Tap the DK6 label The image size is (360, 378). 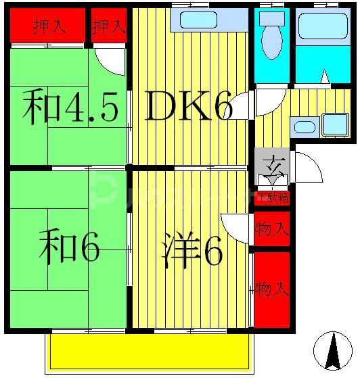(189, 108)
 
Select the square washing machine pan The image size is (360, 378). (334, 125)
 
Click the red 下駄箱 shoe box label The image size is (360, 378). (272, 197)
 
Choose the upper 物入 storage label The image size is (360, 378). (272, 229)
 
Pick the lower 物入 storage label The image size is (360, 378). (272, 289)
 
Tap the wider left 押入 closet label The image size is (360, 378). (49, 27)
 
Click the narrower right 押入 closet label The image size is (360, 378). (108, 27)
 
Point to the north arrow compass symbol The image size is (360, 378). (333, 351)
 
